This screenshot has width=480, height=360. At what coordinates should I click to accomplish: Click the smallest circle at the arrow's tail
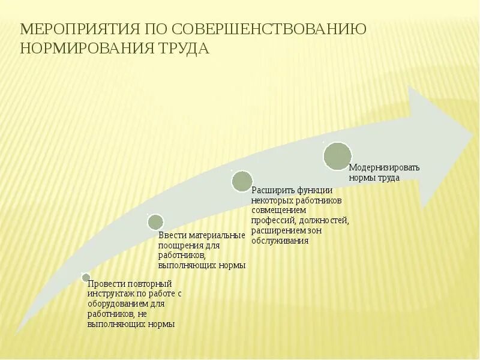(x=86, y=278)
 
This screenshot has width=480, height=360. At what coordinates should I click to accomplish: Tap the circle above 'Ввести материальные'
(x=155, y=222)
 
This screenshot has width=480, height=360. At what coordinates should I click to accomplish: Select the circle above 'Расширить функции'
(x=242, y=181)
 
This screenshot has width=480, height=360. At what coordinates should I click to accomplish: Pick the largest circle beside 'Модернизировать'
(x=337, y=156)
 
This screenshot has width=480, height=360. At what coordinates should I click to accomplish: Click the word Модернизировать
(x=384, y=167)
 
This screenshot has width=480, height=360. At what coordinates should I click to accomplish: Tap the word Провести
(x=107, y=283)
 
